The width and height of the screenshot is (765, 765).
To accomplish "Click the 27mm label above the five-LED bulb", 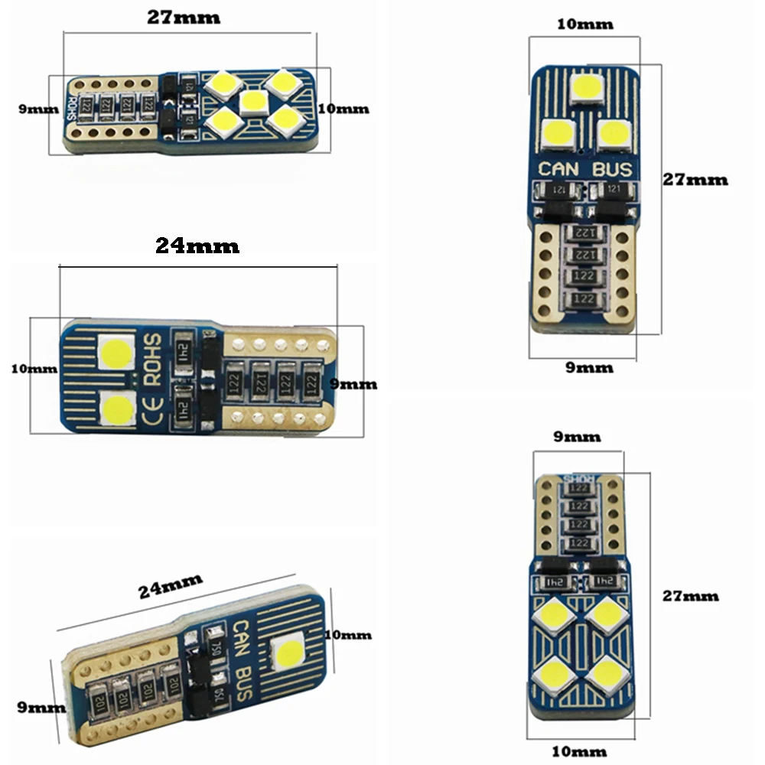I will click(184, 17).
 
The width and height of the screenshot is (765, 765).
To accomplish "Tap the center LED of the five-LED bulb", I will click(252, 102).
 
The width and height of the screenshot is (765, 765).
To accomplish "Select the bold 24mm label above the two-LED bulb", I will click(197, 246).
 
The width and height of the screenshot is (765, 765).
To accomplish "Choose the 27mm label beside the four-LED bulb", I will click(691, 595).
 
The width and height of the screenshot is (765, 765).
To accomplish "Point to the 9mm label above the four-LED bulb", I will click(578, 438).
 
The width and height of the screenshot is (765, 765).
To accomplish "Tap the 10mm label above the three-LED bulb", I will click(585, 24).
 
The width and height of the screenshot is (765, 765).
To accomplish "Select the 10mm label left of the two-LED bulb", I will click(34, 369).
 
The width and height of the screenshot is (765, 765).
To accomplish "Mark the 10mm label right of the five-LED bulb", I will click(343, 109).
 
